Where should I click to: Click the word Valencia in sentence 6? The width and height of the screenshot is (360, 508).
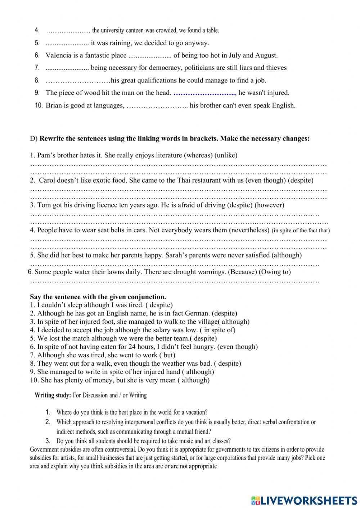click(x=58, y=55)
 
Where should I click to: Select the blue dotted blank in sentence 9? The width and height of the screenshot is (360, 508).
click(x=204, y=93)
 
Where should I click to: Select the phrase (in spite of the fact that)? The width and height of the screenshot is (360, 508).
click(x=301, y=230)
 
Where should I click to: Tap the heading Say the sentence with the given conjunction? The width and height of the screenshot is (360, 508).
click(x=98, y=297)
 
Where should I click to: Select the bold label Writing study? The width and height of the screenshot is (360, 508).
click(x=53, y=395)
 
